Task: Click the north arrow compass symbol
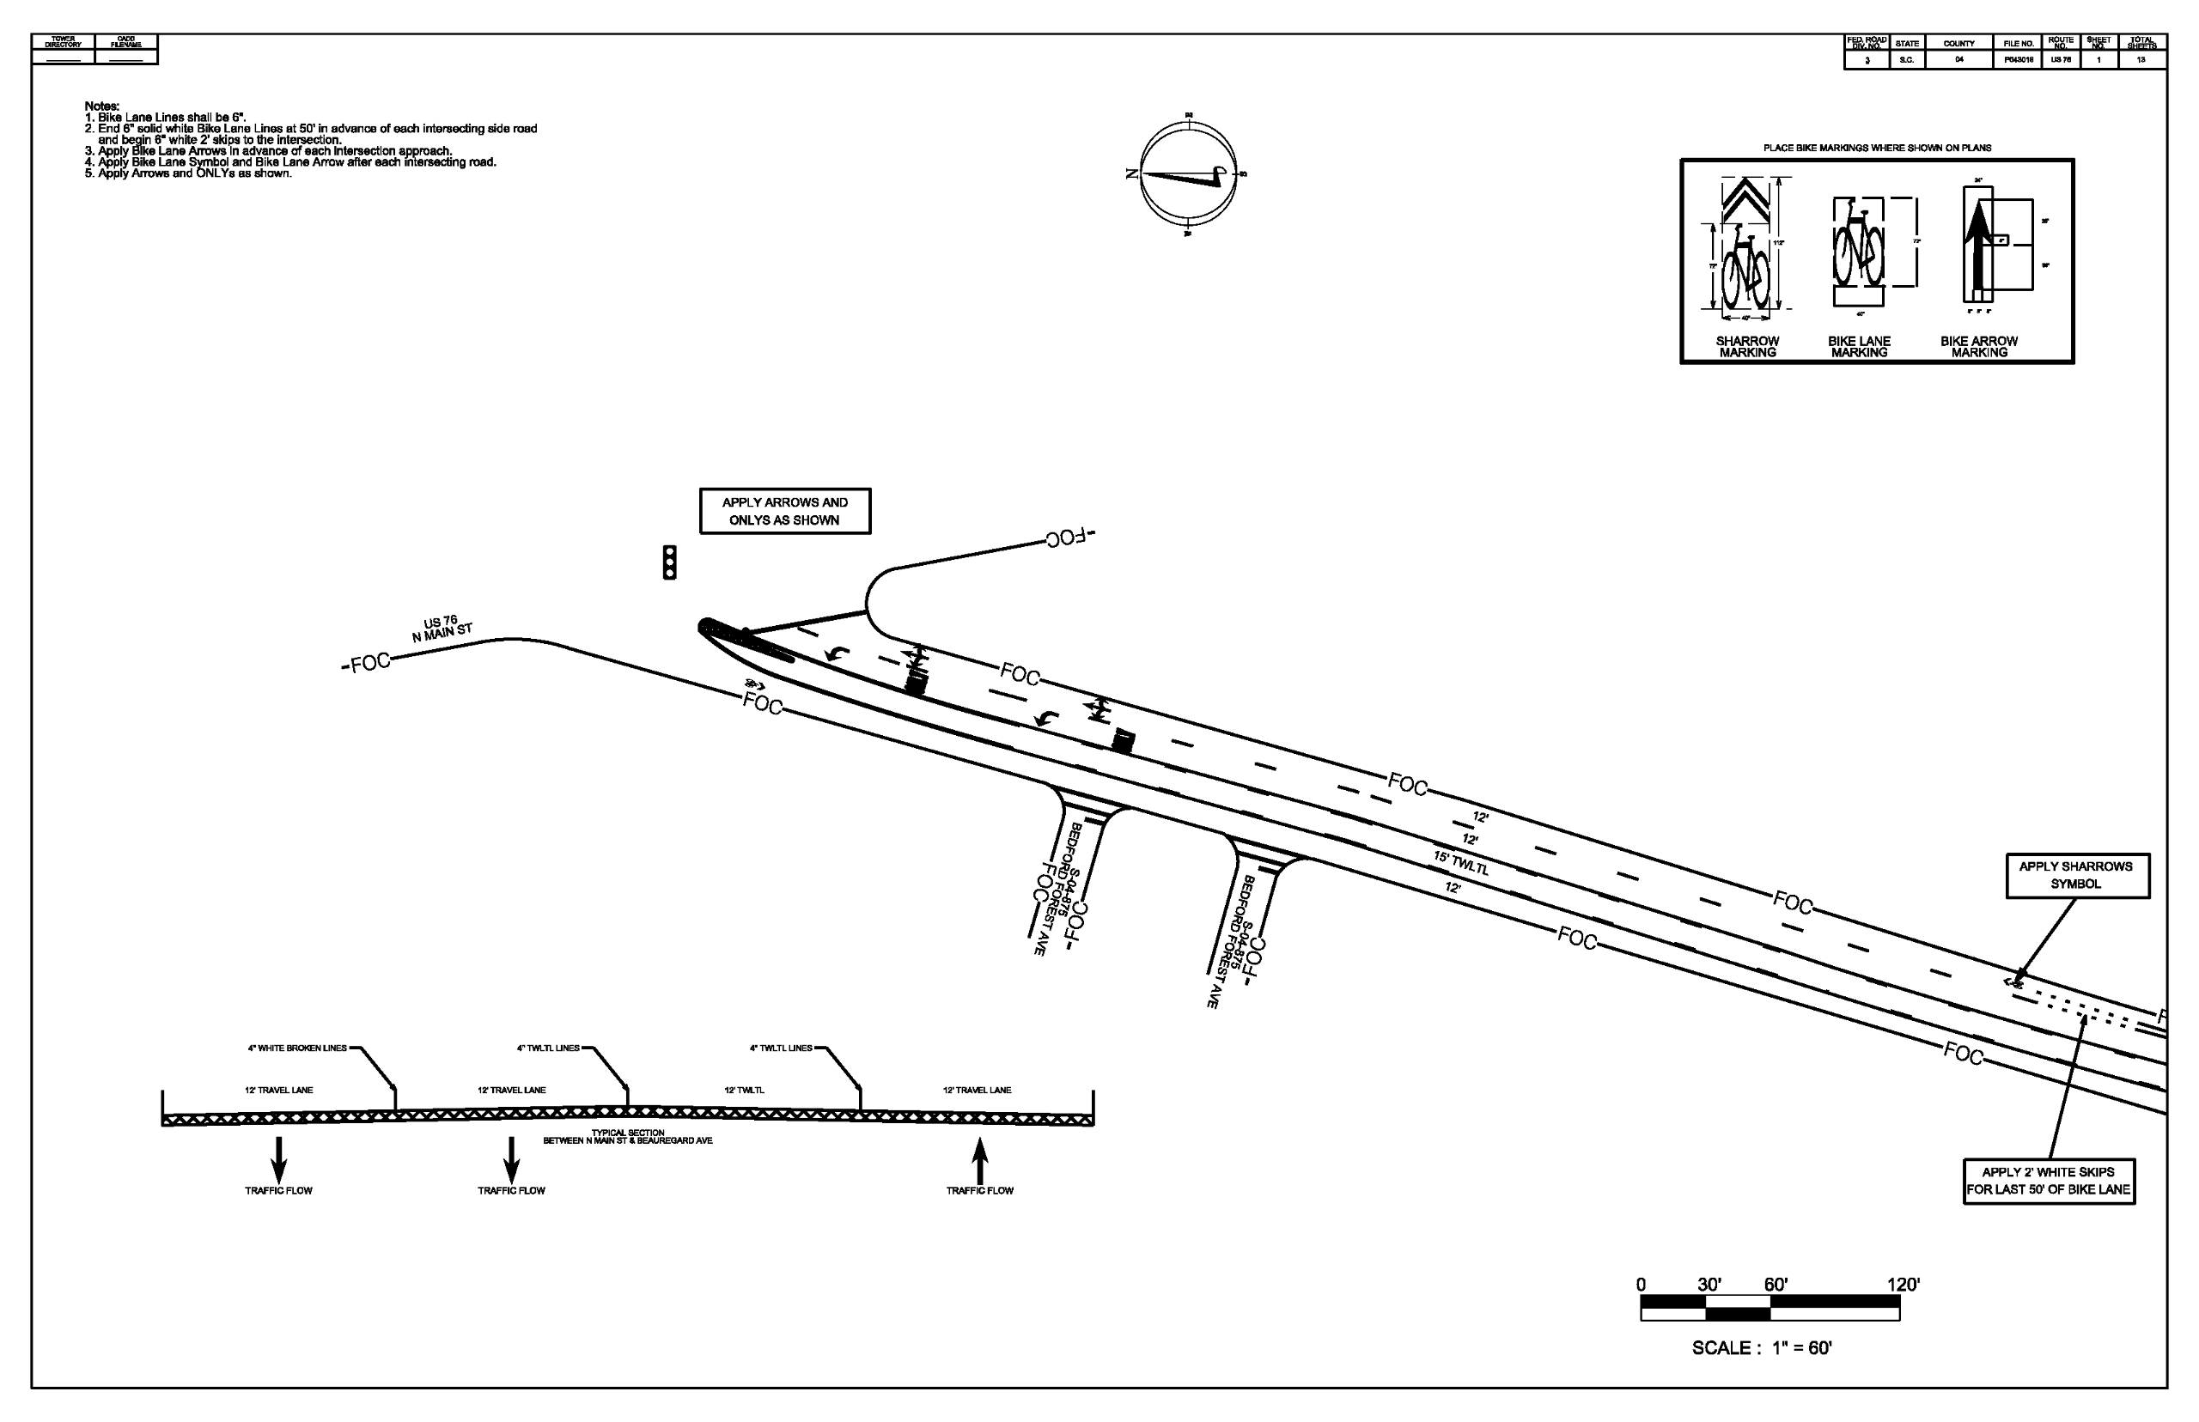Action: pyautogui.click(x=1187, y=173)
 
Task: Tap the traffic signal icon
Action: pyautogui.click(x=670, y=562)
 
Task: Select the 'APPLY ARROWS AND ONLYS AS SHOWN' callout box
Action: pyautogui.click(x=784, y=512)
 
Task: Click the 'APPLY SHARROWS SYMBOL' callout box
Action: pyautogui.click(x=2076, y=875)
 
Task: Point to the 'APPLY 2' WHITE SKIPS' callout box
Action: pyautogui.click(x=2049, y=1181)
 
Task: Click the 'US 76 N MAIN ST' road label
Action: pyautogui.click(x=442, y=629)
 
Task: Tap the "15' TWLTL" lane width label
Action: pyautogui.click(x=1460, y=863)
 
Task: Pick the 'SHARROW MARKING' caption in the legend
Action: pyautogui.click(x=1746, y=346)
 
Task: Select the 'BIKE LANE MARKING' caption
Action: pyautogui.click(x=1858, y=346)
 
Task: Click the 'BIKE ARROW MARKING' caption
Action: pyautogui.click(x=1978, y=346)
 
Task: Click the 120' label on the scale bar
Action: pyautogui.click(x=1903, y=1285)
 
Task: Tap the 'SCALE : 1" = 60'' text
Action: pyautogui.click(x=1761, y=1348)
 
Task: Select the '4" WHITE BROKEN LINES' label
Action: pyautogui.click(x=297, y=1048)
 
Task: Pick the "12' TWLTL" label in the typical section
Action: pyautogui.click(x=744, y=1091)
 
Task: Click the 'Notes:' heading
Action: pyautogui.click(x=101, y=106)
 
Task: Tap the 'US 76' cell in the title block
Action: pyautogui.click(x=2061, y=60)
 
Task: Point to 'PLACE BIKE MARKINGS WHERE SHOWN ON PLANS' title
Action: pyautogui.click(x=1877, y=148)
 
